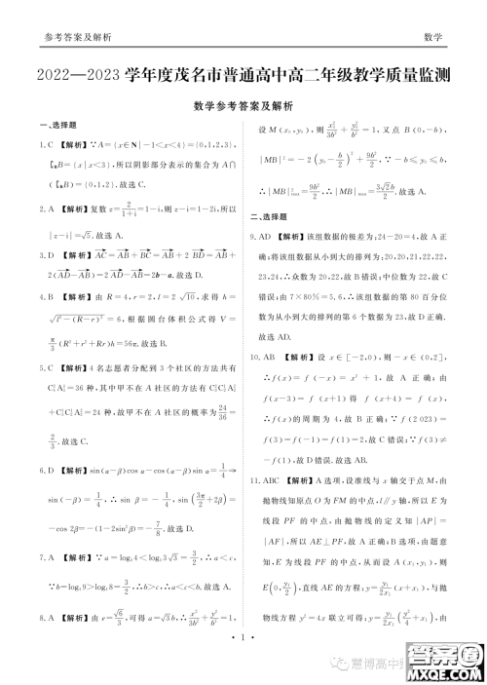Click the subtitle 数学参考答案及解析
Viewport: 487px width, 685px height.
click(x=243, y=106)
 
